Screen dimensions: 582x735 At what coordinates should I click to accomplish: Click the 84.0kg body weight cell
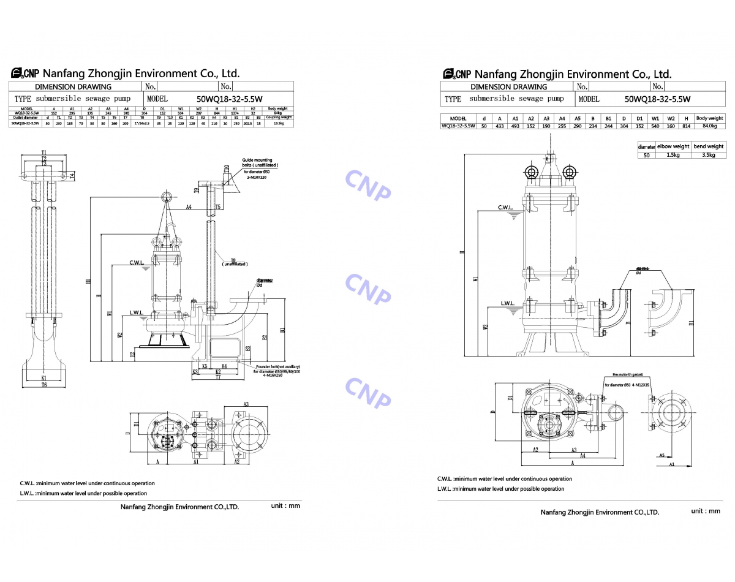[x=709, y=126]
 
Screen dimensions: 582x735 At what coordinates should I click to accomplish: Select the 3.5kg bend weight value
[x=708, y=155]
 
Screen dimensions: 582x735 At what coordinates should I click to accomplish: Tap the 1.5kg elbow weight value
[x=673, y=155]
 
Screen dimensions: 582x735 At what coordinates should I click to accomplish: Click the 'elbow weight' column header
[x=673, y=146]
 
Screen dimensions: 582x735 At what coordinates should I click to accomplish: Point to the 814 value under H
[x=686, y=126]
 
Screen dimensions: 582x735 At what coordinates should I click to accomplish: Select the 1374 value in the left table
[x=235, y=113]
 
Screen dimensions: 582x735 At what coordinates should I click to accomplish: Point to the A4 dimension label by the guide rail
[x=189, y=207]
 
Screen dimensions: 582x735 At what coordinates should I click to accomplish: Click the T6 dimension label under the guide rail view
[x=44, y=385]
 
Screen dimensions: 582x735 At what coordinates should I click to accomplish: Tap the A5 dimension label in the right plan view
[x=662, y=455]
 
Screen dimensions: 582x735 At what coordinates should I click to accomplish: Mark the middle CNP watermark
[x=367, y=289]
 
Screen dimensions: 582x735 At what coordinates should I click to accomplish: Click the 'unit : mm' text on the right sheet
[x=706, y=511]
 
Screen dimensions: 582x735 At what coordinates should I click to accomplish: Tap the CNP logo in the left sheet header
[x=24, y=74]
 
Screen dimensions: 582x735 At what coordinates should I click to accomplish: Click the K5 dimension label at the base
[x=204, y=366]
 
